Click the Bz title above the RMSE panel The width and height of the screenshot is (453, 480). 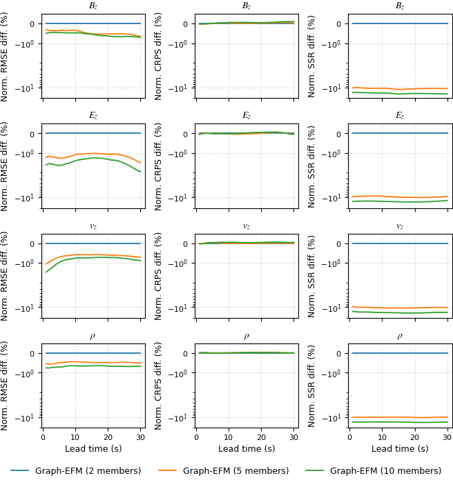tap(93, 6)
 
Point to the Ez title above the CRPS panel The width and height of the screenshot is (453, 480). tap(247, 116)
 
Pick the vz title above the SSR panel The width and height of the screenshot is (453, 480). tap(400, 226)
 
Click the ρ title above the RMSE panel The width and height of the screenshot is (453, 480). tap(93, 337)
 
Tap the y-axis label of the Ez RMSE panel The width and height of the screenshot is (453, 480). tap(6, 166)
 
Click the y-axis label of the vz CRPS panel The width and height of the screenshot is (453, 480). tap(159, 277)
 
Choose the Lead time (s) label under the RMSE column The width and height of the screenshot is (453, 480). tap(93, 449)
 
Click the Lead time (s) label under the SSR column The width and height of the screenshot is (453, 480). tap(400, 449)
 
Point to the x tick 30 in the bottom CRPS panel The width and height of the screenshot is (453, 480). tap(293, 437)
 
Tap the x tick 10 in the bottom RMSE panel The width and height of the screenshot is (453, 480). tap(75, 437)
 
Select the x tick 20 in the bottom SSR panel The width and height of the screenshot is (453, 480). tap(414, 437)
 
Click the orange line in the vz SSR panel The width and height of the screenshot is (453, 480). tap(400, 308)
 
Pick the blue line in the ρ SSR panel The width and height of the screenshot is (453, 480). tap(400, 353)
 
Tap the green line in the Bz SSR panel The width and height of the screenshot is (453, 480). tap(400, 94)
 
